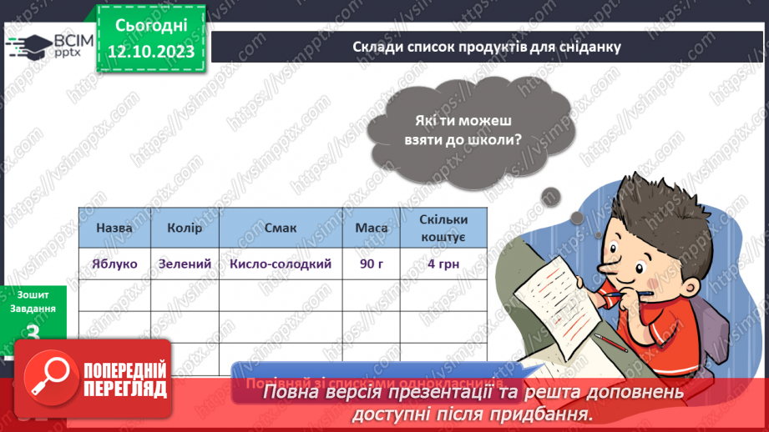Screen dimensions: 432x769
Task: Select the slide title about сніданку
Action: tap(487, 47)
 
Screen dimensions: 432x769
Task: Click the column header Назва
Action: tap(114, 228)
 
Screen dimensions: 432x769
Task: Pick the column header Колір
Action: tap(185, 228)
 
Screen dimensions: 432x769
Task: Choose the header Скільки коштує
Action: tap(443, 228)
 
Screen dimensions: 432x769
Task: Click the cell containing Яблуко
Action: tap(114, 264)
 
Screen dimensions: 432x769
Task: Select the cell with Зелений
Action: tap(185, 264)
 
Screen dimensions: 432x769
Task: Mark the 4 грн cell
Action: tap(443, 264)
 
